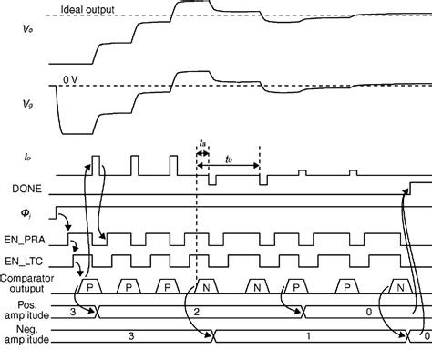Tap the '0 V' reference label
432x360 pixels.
(72, 81)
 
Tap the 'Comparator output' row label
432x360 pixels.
(27, 281)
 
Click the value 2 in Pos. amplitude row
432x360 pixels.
(199, 311)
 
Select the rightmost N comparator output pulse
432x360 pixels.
(401, 285)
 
